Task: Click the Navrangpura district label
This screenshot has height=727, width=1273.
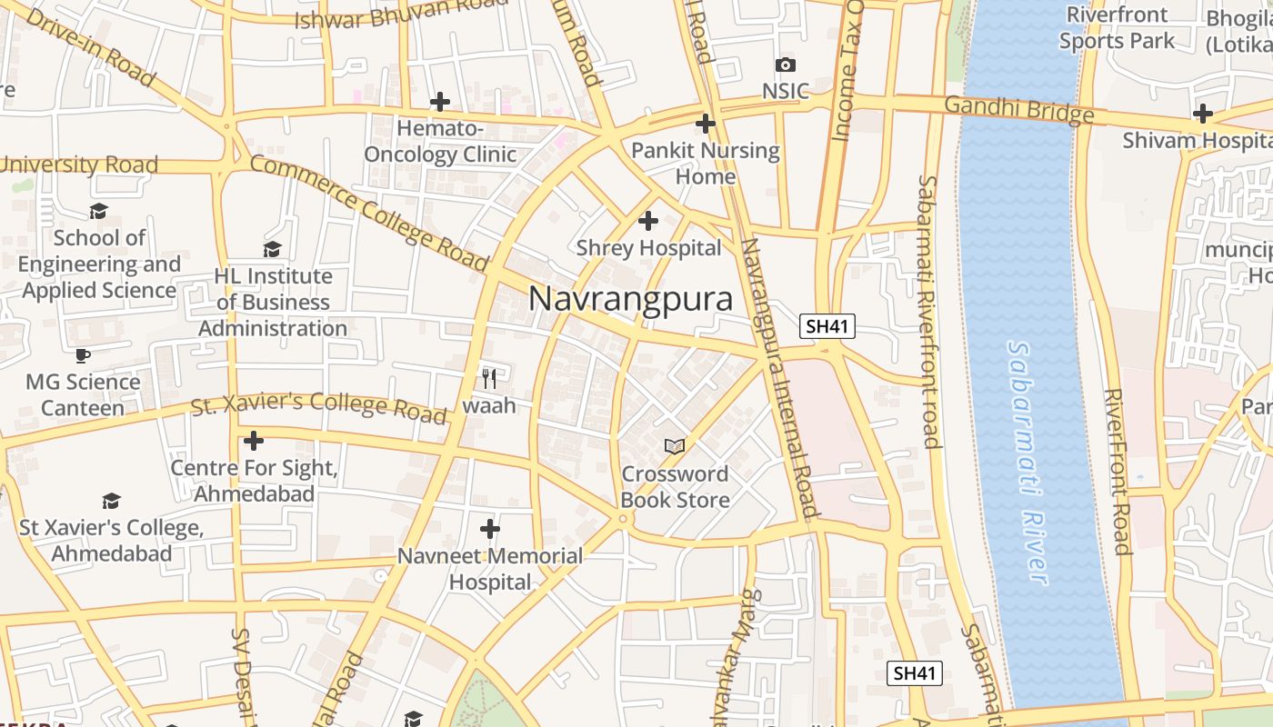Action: (630, 298)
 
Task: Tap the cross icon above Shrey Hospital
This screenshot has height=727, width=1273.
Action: (648, 221)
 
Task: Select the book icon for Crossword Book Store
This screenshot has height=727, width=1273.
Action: (675, 446)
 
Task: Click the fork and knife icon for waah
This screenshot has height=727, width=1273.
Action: (489, 378)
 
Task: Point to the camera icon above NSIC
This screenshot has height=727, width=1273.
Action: (786, 65)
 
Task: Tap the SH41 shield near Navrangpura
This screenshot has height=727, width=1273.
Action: (827, 326)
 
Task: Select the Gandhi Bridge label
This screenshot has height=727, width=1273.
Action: (1018, 109)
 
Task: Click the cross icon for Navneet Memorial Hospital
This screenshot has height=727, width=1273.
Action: (490, 528)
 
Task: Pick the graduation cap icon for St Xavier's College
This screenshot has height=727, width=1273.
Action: (111, 501)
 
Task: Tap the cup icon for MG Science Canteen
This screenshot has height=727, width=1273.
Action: (83, 355)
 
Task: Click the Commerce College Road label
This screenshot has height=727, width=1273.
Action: (368, 214)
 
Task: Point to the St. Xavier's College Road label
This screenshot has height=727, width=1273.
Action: (318, 406)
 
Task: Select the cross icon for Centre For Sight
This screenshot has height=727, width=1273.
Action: (254, 442)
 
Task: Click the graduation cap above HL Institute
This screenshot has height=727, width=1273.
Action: (272, 249)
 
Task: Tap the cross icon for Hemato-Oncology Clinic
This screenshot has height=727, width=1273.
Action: (440, 102)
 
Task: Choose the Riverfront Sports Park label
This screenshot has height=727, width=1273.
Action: (1117, 28)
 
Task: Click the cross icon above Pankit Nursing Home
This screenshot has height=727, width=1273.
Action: (706, 123)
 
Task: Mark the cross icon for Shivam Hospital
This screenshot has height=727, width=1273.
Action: (1203, 114)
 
